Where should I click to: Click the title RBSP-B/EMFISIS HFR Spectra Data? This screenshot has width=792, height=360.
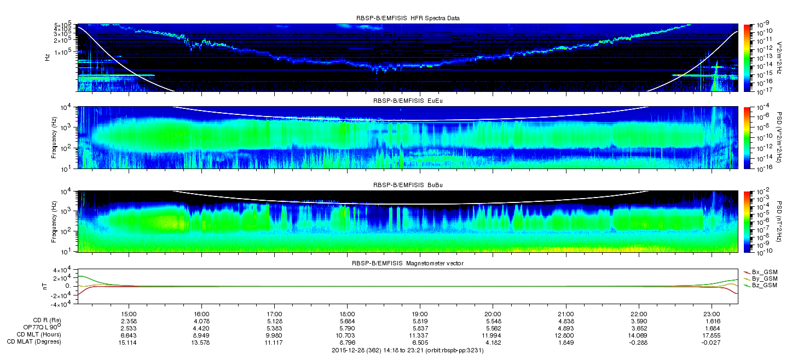(x=408, y=19)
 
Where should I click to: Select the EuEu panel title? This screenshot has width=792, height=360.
(x=408, y=101)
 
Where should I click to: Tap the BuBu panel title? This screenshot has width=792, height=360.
(x=408, y=185)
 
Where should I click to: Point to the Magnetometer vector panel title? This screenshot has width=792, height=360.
(x=408, y=264)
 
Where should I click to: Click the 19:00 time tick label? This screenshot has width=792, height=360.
(x=420, y=314)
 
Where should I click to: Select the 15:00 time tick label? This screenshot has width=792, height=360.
(x=129, y=314)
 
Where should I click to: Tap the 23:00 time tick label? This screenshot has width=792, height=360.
(x=712, y=314)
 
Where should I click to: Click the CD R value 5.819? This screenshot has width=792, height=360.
(x=420, y=321)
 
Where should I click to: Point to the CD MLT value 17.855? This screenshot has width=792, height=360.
(x=712, y=335)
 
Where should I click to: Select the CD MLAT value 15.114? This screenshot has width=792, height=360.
(x=129, y=342)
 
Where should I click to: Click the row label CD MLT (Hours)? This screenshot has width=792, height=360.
(x=39, y=335)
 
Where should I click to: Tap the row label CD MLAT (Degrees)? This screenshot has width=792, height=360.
(x=34, y=342)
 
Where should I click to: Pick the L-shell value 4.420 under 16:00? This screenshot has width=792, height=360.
(x=201, y=328)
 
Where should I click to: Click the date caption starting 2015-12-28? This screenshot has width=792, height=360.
(x=408, y=351)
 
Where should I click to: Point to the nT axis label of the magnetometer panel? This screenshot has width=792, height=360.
(x=44, y=286)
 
